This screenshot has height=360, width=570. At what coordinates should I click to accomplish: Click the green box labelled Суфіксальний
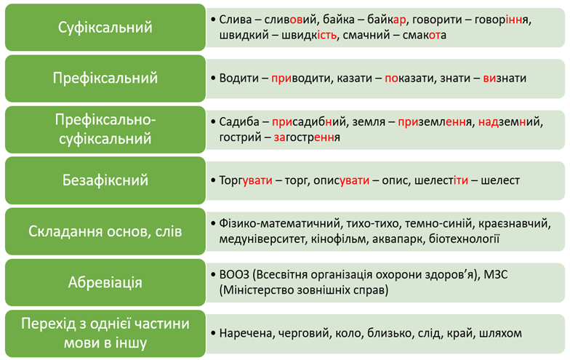(x=105, y=28)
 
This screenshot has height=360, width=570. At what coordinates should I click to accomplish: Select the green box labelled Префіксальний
(x=105, y=78)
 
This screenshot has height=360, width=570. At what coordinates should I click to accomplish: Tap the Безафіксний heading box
(x=105, y=180)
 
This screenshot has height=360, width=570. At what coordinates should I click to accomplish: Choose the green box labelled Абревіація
(x=105, y=282)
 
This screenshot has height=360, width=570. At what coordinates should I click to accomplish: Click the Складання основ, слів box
(x=105, y=231)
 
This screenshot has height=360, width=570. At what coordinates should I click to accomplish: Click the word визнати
(x=505, y=78)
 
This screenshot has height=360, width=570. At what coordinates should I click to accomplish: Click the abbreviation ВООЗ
(x=234, y=274)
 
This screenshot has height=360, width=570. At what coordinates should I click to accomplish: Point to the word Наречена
(x=245, y=333)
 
